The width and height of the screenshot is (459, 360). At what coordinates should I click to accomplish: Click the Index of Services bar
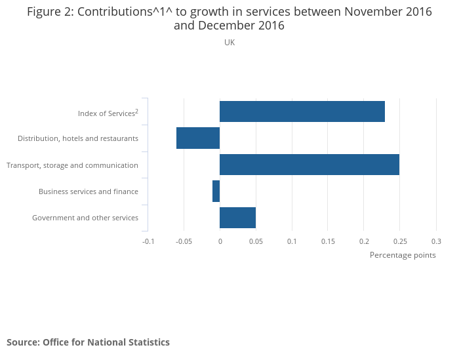[x=302, y=111]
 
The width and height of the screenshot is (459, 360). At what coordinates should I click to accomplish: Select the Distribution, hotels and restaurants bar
[x=198, y=138]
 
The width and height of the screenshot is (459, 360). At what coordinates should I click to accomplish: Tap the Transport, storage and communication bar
[x=309, y=165]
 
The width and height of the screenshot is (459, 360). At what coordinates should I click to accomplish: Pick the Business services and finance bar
[x=216, y=191]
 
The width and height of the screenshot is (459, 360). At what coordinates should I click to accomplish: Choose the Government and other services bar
[x=237, y=217]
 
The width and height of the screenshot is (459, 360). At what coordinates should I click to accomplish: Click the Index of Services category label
[x=108, y=113]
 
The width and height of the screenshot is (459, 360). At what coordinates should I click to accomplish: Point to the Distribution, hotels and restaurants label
[x=78, y=138]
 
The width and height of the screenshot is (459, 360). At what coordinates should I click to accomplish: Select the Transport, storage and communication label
[x=72, y=165]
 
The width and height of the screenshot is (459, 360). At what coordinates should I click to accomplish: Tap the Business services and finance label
[x=89, y=191]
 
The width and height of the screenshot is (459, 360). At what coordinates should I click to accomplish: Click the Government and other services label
[x=85, y=218]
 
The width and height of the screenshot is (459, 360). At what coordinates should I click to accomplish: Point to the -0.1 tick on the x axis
[x=148, y=241]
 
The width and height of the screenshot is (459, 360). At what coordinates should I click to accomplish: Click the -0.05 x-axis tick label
[x=184, y=241]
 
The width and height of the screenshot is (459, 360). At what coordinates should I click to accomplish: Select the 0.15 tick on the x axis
[x=328, y=241]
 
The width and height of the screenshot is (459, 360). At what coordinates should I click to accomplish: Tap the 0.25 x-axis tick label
[x=400, y=241]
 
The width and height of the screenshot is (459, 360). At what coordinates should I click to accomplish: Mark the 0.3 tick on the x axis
[x=436, y=241]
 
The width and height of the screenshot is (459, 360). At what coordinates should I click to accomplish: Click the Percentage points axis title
[x=403, y=255]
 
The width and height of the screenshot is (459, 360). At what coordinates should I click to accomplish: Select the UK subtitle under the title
[x=229, y=43]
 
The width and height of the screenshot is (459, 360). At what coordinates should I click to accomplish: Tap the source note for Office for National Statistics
[x=88, y=342]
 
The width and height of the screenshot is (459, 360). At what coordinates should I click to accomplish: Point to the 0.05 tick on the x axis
[x=256, y=241]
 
